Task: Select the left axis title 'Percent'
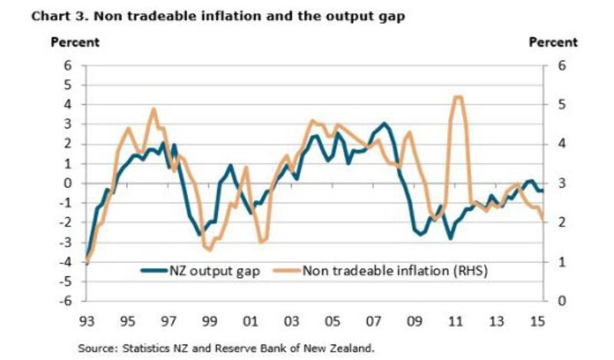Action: (74, 42)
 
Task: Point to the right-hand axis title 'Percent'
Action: (553, 42)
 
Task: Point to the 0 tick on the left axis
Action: (70, 183)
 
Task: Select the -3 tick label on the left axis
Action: (68, 242)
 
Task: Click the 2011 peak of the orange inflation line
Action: (457, 97)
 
